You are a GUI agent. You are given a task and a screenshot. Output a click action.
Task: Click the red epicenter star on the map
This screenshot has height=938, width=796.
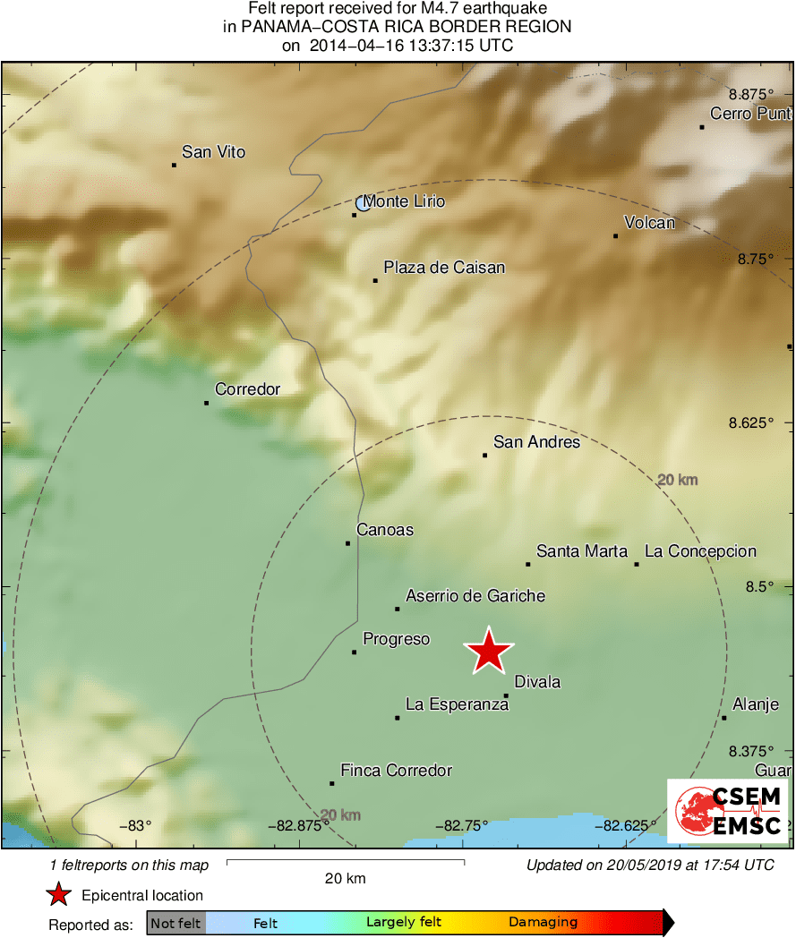(x=489, y=651)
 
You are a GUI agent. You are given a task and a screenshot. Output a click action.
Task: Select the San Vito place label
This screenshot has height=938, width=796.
(x=213, y=152)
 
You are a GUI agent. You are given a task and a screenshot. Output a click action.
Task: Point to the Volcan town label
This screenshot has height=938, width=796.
(x=650, y=223)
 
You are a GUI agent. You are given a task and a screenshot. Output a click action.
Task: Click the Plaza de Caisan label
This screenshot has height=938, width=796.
(x=444, y=268)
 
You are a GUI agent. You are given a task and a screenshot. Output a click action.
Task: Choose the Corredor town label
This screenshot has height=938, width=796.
(x=247, y=389)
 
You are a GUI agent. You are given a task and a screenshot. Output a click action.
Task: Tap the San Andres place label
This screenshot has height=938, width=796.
(x=537, y=442)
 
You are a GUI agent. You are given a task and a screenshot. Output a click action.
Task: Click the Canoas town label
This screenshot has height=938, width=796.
(x=385, y=530)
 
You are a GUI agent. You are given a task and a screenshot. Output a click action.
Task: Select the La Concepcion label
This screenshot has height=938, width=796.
(x=700, y=551)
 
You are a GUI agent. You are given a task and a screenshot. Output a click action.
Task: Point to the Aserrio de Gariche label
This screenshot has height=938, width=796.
(x=475, y=596)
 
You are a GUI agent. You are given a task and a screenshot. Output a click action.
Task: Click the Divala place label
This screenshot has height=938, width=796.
(x=537, y=682)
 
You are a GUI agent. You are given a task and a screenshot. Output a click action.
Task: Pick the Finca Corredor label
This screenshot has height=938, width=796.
(x=396, y=771)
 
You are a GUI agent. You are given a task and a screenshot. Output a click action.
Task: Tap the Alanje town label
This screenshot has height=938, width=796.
(x=756, y=704)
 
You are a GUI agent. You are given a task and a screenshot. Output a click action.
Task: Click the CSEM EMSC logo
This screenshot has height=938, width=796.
(x=728, y=811)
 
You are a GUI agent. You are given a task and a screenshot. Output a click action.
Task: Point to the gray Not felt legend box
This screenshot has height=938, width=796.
(x=176, y=923)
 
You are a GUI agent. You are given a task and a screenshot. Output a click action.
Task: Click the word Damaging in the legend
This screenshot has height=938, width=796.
(x=543, y=923)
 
